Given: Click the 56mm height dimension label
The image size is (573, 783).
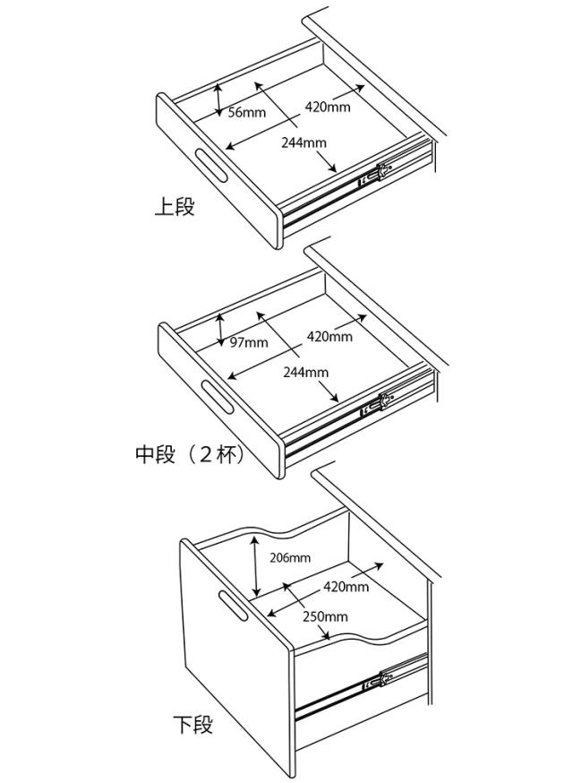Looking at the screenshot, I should [x=247, y=113].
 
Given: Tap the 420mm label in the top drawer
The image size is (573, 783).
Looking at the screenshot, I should [x=328, y=107].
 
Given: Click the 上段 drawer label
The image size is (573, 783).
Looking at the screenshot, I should [x=175, y=208].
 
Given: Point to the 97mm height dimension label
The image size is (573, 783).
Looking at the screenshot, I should [x=249, y=343].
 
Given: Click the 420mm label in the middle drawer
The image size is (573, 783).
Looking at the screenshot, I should [x=329, y=337].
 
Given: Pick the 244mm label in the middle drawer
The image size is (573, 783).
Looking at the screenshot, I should [x=305, y=372].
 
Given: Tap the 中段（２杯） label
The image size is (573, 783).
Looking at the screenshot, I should [x=190, y=454].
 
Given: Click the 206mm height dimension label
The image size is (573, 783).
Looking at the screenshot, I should [x=290, y=557].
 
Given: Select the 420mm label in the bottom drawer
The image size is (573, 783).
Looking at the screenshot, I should [x=346, y=587].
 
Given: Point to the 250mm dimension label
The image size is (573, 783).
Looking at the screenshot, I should [x=325, y=616].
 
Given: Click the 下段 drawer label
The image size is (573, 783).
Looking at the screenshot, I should [x=193, y=724].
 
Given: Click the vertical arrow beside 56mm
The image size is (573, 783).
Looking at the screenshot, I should [x=219, y=100].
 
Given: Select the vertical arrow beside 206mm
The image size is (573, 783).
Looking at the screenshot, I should [x=256, y=567].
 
